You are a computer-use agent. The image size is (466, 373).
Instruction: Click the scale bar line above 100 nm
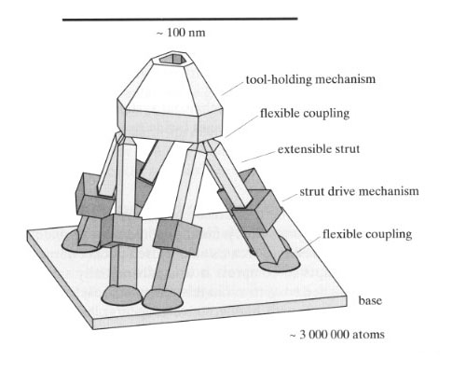tap(180, 20)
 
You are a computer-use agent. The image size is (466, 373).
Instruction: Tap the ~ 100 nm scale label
tap(181, 33)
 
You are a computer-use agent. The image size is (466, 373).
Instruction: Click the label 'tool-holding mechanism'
tap(310, 79)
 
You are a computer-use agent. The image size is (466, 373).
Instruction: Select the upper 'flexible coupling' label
tap(305, 113)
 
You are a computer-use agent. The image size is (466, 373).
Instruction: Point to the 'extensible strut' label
tap(319, 149)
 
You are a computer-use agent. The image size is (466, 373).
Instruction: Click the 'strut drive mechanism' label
tap(359, 191)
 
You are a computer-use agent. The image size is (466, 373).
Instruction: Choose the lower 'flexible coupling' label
tap(367, 234)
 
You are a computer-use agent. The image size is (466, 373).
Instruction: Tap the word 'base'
tap(370, 300)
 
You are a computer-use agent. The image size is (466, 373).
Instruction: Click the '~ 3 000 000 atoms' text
tap(337, 335)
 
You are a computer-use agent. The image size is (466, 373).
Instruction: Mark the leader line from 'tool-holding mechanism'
tap(232, 89)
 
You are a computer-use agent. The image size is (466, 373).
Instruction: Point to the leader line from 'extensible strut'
tap(259, 157)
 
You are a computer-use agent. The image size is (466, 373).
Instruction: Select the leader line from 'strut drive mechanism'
tap(290, 198)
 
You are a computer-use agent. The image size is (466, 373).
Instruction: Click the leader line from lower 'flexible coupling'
tap(308, 244)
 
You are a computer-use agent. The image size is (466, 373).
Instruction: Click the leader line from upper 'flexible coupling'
tap(242, 128)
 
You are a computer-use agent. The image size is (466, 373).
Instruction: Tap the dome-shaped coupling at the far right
tap(280, 263)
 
